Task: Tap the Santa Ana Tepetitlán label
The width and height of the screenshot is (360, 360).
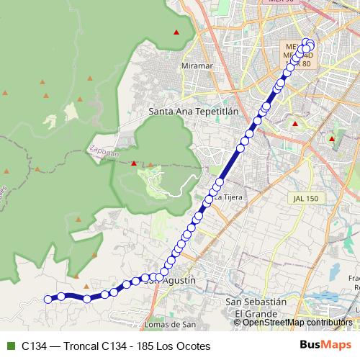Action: [193, 112]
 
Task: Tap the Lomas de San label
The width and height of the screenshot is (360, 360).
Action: [169, 324]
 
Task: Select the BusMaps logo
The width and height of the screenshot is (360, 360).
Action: [326, 346]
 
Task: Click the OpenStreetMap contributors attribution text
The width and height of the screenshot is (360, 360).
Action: [297, 323]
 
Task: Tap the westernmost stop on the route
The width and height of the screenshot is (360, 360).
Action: [48, 300]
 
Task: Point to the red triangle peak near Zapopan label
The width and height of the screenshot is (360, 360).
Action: [133, 163]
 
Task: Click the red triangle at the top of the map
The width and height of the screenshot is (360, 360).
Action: [176, 32]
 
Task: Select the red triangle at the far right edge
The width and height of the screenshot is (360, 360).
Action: [331, 138]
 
